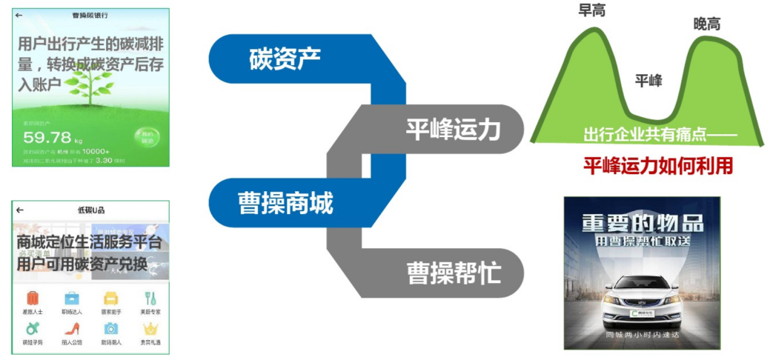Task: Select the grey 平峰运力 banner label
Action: pyautogui.click(x=453, y=130)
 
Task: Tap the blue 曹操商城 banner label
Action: pyautogui.click(x=285, y=201)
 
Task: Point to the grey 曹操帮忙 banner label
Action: pyautogui.click(x=454, y=273)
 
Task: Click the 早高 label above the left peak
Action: pyautogui.click(x=591, y=10)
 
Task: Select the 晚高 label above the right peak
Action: pyautogui.click(x=707, y=24)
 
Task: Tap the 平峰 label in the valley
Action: pyautogui.click(x=648, y=81)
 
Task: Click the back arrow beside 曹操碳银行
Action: pyautogui.click(x=19, y=15)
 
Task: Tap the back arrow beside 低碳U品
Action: pyautogui.click(x=19, y=210)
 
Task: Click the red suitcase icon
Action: pyautogui.click(x=33, y=299)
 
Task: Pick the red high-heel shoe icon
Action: pyautogui.click(x=72, y=329)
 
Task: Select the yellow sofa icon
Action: pyautogui.click(x=111, y=299)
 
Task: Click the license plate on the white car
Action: pyautogui.click(x=641, y=313)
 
